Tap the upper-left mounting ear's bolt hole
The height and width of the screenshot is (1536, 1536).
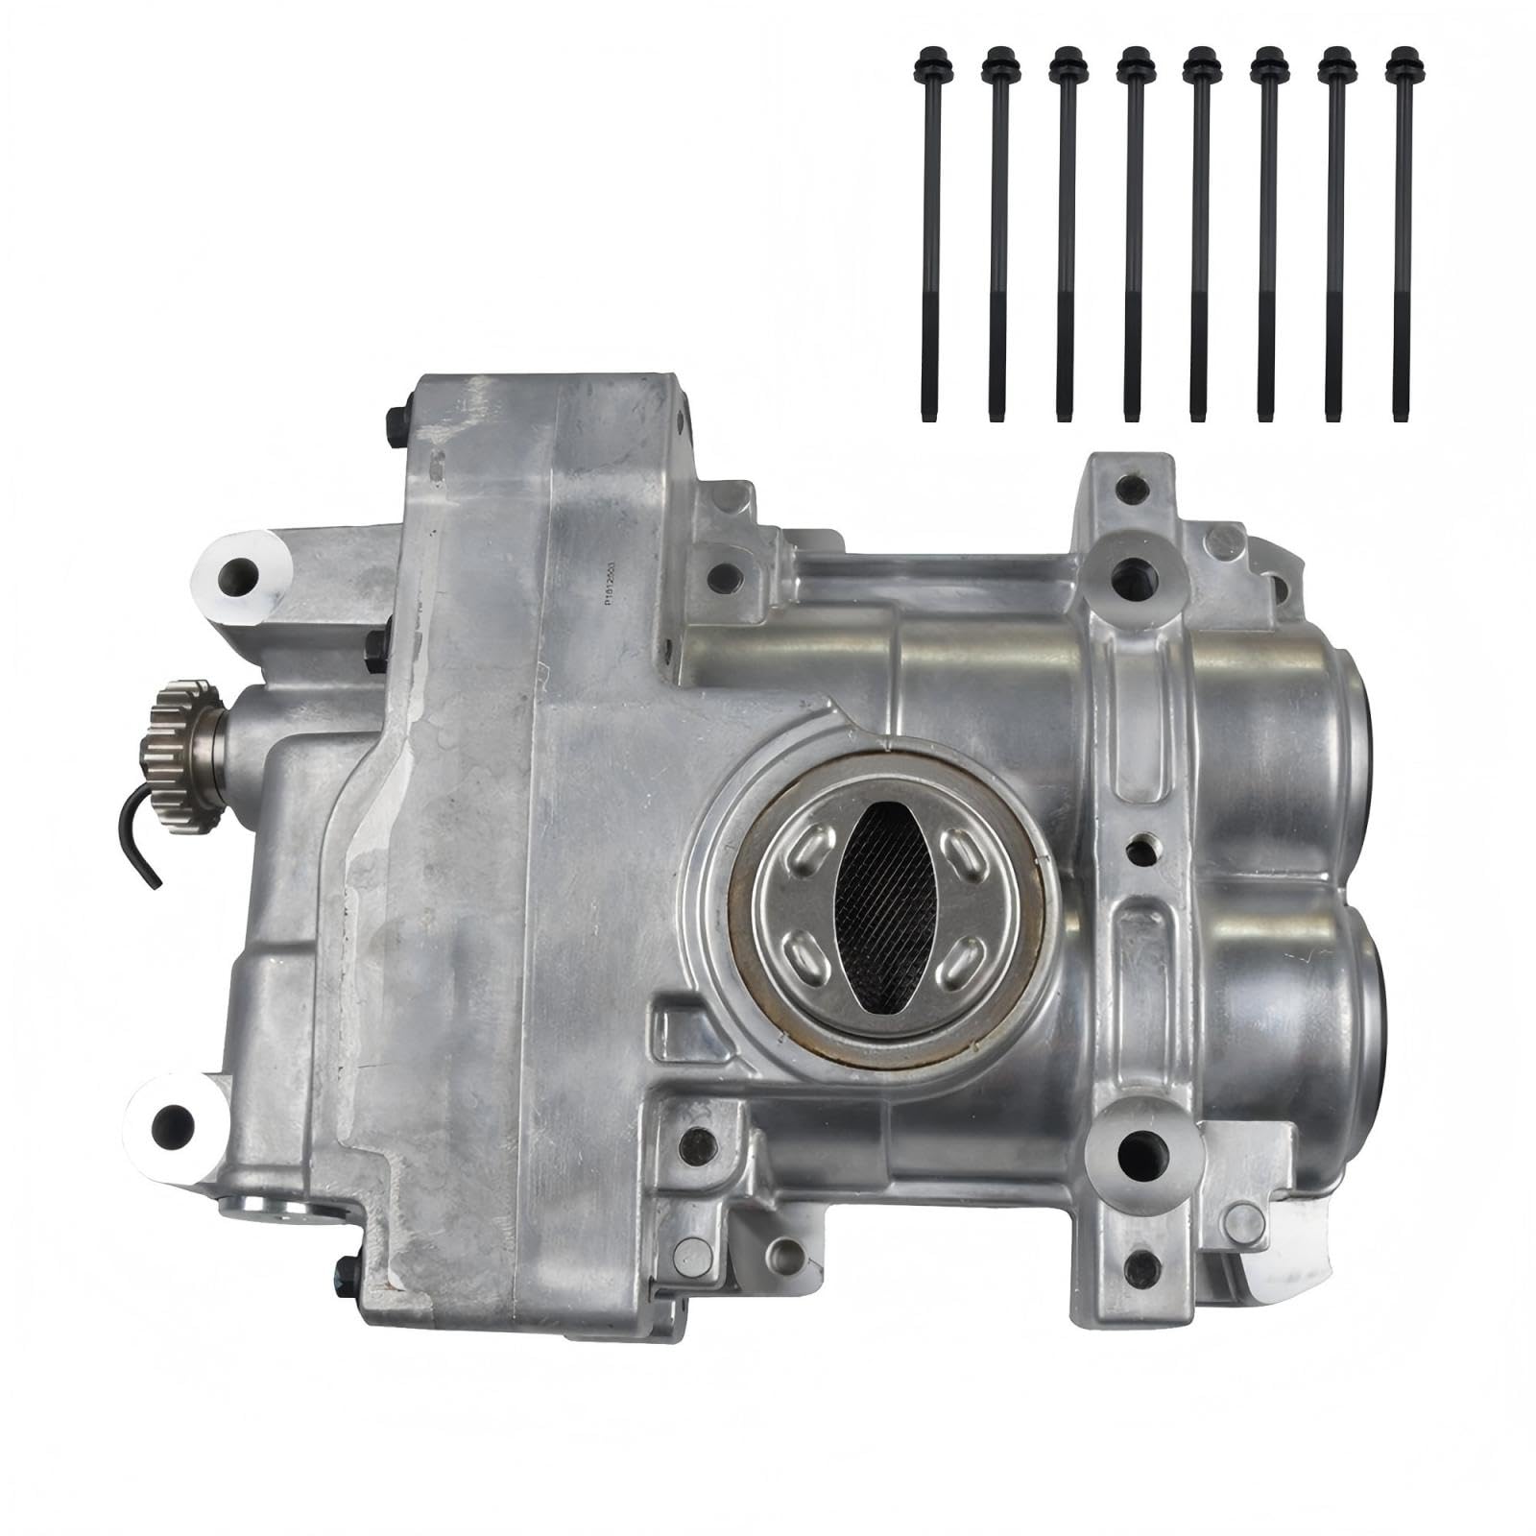(237, 577)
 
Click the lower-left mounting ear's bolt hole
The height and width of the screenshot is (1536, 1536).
(173, 1124)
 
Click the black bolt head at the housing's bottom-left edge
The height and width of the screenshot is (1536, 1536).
(345, 1274)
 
